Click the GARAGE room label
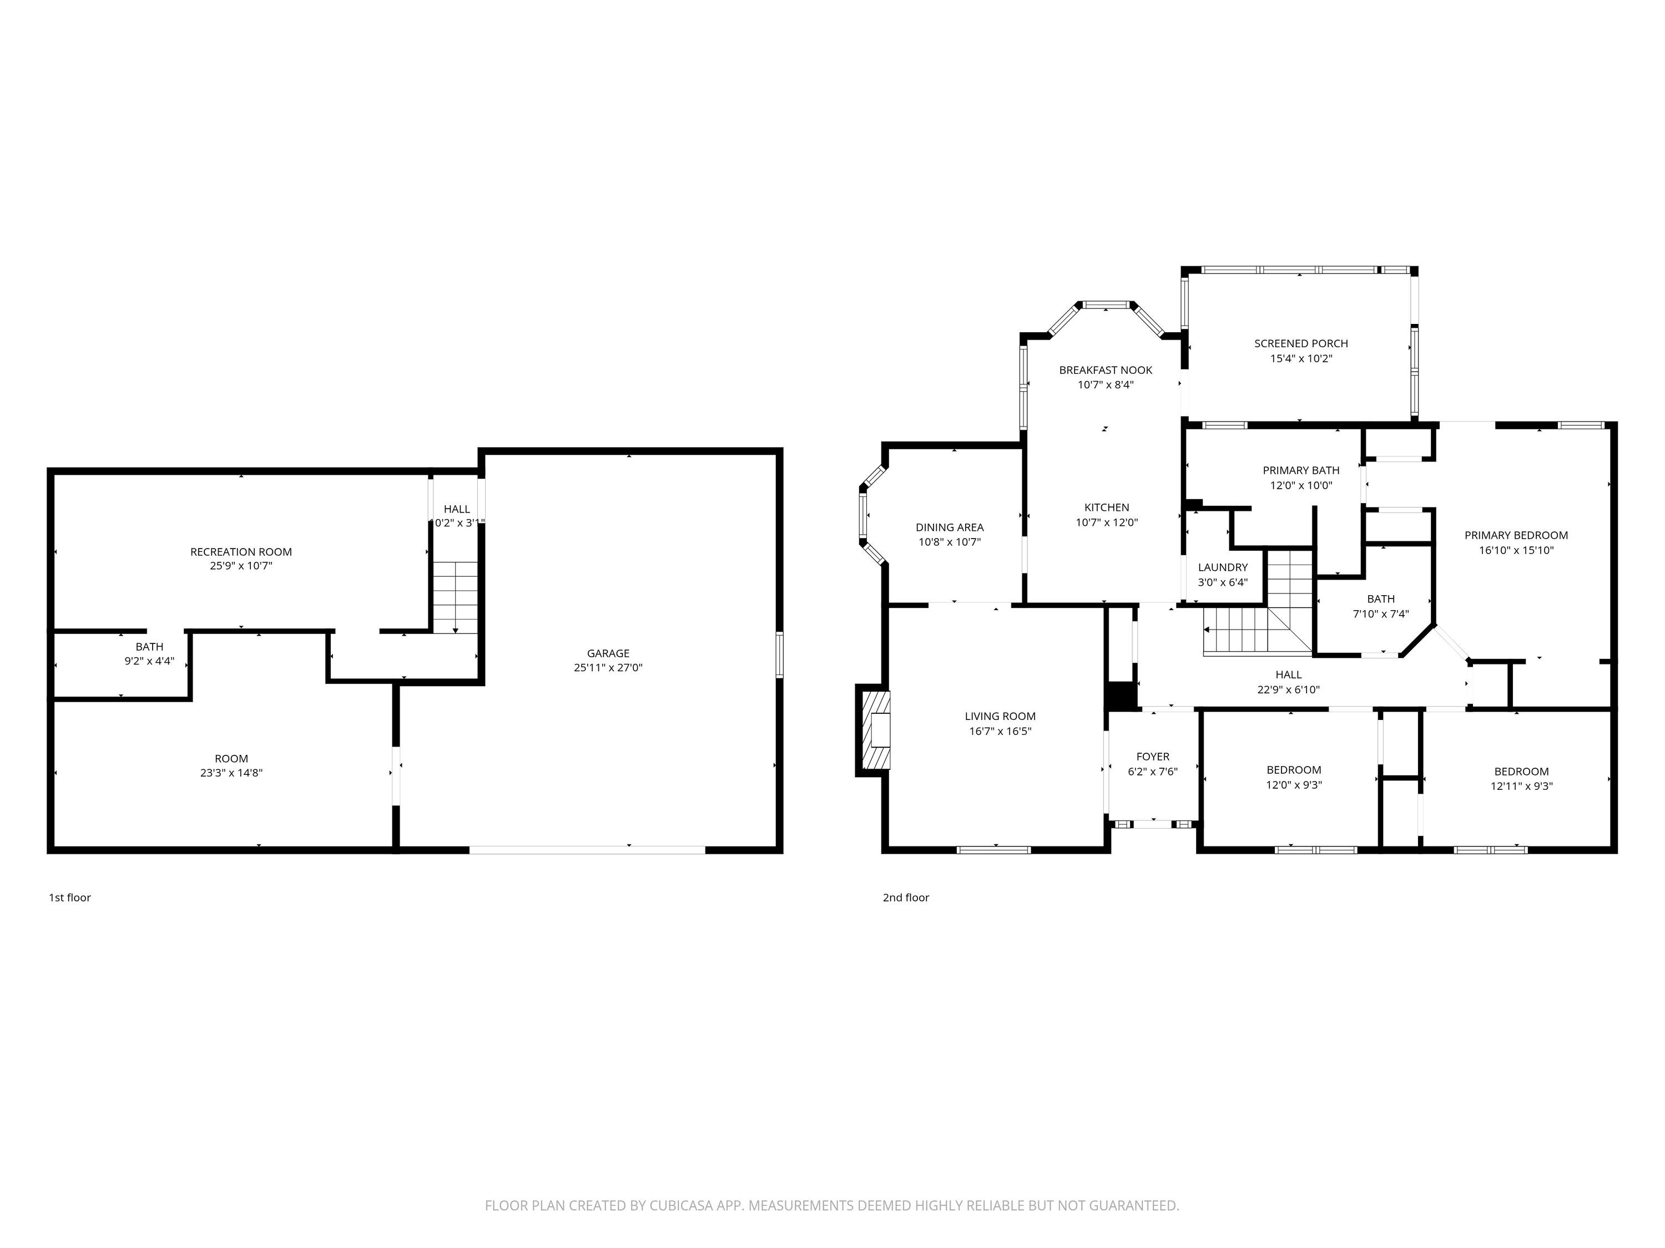(608, 653)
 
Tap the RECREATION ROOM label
(241, 551)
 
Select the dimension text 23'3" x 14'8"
(231, 773)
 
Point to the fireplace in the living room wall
(873, 730)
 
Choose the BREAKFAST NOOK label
(1106, 370)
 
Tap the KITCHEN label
(1107, 508)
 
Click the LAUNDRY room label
(1223, 567)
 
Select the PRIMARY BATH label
(1301, 471)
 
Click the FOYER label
(1152, 757)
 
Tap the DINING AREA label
(949, 527)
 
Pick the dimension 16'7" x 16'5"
(1000, 731)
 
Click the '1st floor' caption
(70, 897)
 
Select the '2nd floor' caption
(906, 897)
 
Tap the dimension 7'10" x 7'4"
(1380, 614)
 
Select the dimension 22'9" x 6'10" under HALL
(1289, 689)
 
